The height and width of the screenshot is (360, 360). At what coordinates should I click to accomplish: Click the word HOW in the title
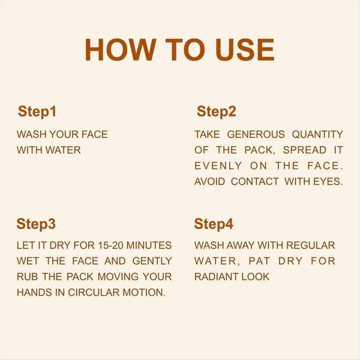121,50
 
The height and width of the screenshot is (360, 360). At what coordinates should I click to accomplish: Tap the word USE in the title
245,50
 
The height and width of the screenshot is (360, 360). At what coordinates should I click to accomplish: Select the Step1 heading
37,112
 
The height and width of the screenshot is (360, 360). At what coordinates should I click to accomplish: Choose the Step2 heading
216,112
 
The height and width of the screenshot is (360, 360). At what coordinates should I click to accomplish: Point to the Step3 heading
36,224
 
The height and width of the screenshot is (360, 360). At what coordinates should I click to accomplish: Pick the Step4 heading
214,224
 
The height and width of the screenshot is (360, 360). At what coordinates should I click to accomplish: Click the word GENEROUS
256,134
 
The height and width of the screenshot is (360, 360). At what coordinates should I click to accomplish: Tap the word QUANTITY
317,134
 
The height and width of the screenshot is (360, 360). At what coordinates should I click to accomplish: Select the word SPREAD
304,150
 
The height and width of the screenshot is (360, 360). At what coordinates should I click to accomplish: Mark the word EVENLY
218,166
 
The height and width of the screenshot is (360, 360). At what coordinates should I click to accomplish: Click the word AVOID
209,182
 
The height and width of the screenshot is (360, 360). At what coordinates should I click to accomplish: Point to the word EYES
328,182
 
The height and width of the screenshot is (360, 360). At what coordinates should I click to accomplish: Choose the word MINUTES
149,245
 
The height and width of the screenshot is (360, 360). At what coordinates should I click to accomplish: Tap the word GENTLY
152,261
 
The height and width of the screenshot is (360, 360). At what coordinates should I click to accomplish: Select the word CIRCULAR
94,293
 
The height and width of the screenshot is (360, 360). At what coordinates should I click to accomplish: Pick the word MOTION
144,293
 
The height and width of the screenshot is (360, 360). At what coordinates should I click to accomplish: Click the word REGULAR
311,245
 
